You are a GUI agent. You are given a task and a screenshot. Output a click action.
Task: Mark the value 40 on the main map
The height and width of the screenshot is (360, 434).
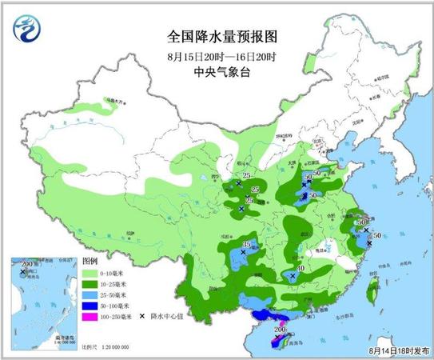tap(301, 268)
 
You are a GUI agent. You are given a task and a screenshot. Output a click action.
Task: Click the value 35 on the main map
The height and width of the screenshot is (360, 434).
tap(246, 245)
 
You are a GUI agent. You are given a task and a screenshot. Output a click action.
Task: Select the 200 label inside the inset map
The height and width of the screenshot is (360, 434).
tap(23, 264)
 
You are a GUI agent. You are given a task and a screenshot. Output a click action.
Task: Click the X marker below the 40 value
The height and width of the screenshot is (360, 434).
tap(293, 276)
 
